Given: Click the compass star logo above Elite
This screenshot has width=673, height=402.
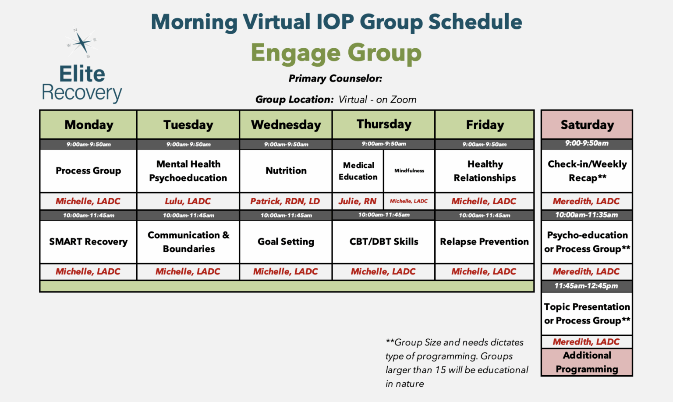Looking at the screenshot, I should pos(81,43).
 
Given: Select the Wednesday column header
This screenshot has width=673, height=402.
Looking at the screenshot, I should pos(286,125).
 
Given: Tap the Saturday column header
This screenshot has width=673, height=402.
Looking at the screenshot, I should pos(587,125).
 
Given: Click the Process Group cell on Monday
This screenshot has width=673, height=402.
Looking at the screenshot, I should pos(88,171).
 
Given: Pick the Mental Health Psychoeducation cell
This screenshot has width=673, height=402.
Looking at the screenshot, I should pos(188,171).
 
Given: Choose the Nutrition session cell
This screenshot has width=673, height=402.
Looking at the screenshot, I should pos(286,171).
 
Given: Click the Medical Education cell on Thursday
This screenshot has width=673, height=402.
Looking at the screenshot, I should pos(358,171).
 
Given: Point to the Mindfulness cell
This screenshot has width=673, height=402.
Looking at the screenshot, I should pos(409,171).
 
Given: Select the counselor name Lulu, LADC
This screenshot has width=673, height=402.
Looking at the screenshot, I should pos(188,201).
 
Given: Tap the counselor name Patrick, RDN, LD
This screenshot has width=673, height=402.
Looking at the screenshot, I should pos(285,201).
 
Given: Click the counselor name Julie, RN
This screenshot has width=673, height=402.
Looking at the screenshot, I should pos(357,201).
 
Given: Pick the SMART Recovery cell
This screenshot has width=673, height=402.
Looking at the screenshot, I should pos(88,242).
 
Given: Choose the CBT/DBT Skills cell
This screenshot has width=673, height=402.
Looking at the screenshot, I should pos(383,242).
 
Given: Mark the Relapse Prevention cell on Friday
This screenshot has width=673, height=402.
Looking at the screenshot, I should pos(484,242).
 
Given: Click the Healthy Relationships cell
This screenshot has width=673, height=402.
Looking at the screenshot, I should pos(485,171).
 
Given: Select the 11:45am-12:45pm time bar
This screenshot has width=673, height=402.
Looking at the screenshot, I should pos(586,286).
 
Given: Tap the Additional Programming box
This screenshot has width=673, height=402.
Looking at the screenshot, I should pos(587,362).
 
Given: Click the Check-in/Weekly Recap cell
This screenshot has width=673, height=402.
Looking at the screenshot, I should pos(587,171).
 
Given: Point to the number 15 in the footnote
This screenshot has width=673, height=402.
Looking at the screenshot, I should pos(440,370).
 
